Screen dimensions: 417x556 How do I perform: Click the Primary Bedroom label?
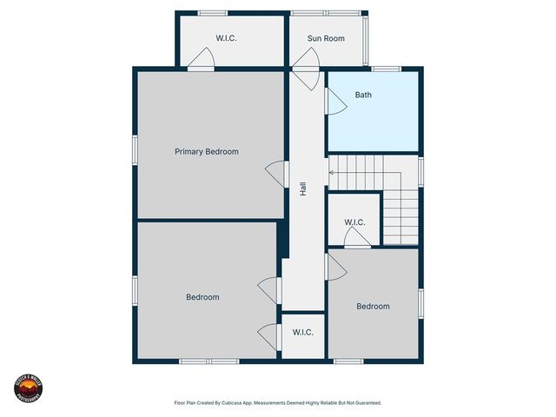click(207, 151)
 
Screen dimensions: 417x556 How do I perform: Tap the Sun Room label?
click(327, 39)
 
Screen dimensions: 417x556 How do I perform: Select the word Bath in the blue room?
click(363, 95)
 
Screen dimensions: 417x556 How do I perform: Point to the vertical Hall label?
click(302, 188)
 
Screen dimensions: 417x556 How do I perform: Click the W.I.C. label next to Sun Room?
click(227, 39)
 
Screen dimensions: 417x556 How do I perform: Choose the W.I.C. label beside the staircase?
click(354, 223)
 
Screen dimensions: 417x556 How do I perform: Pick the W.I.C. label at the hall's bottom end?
click(302, 333)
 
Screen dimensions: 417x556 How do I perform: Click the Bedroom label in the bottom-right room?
click(373, 307)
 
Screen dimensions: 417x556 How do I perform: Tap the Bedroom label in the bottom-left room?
click(202, 297)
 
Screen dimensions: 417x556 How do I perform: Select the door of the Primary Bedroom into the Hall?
click(275, 173)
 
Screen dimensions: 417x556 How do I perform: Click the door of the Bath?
click(334, 101)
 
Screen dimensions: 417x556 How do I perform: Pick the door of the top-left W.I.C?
click(202, 60)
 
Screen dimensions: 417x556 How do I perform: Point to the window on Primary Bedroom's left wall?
click(135, 149)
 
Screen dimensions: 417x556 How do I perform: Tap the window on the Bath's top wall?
click(387, 69)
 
